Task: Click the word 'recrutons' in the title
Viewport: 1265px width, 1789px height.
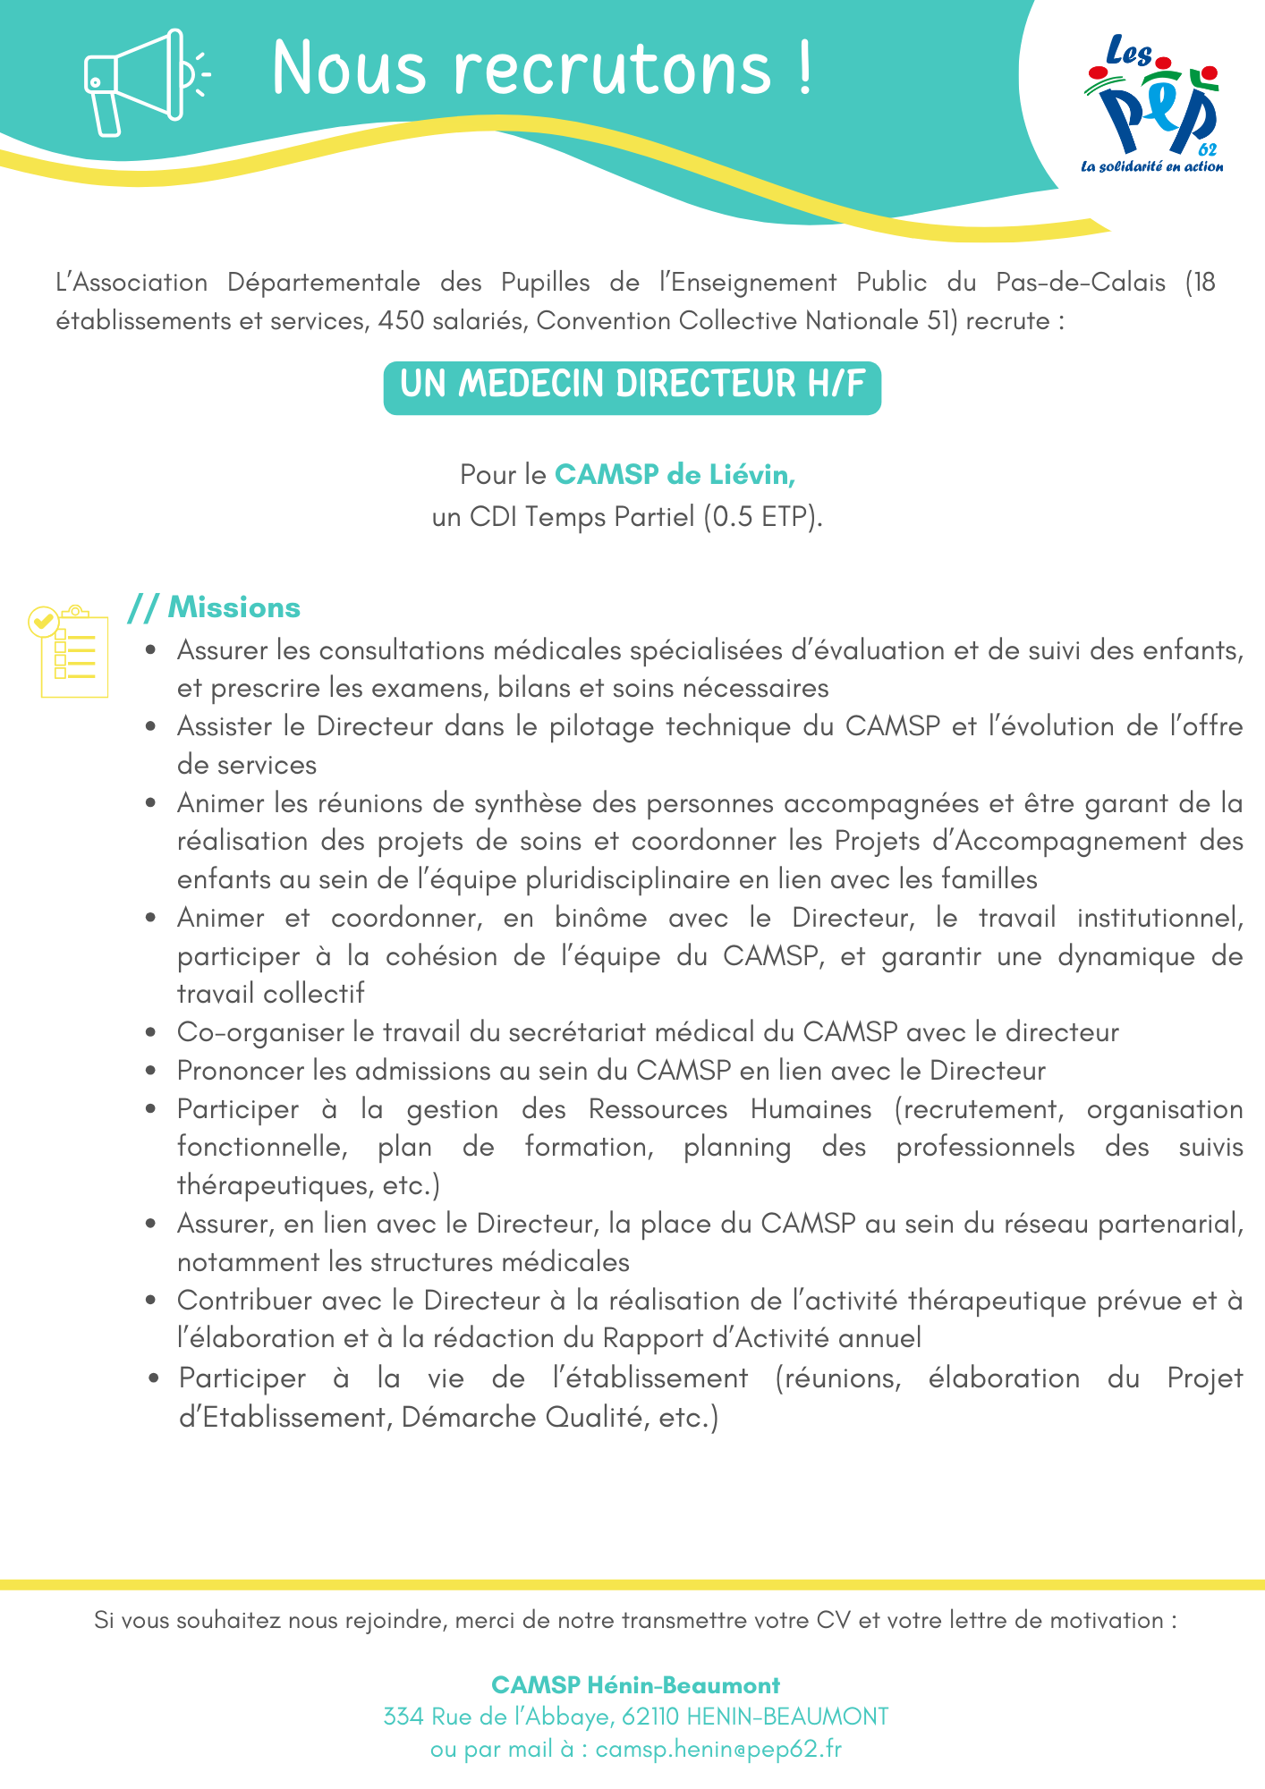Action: [x=613, y=70]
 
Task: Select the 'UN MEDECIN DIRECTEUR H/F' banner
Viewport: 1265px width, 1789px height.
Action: [x=632, y=387]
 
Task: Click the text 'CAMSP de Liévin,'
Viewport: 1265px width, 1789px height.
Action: [x=675, y=474]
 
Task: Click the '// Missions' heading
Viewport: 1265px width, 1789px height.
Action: [x=215, y=607]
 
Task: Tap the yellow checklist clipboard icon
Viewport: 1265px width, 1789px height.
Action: [x=70, y=651]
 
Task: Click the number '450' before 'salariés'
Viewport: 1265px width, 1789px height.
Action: [x=401, y=320]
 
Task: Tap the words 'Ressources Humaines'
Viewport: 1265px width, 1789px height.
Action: [x=729, y=1109]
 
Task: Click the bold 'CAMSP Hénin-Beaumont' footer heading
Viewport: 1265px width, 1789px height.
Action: [x=635, y=1685]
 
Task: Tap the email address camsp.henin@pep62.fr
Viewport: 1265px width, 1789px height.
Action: [x=718, y=1749]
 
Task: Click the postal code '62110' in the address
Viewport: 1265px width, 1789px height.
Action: [x=651, y=1717]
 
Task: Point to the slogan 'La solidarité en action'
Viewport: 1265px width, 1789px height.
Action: [x=1152, y=166]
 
